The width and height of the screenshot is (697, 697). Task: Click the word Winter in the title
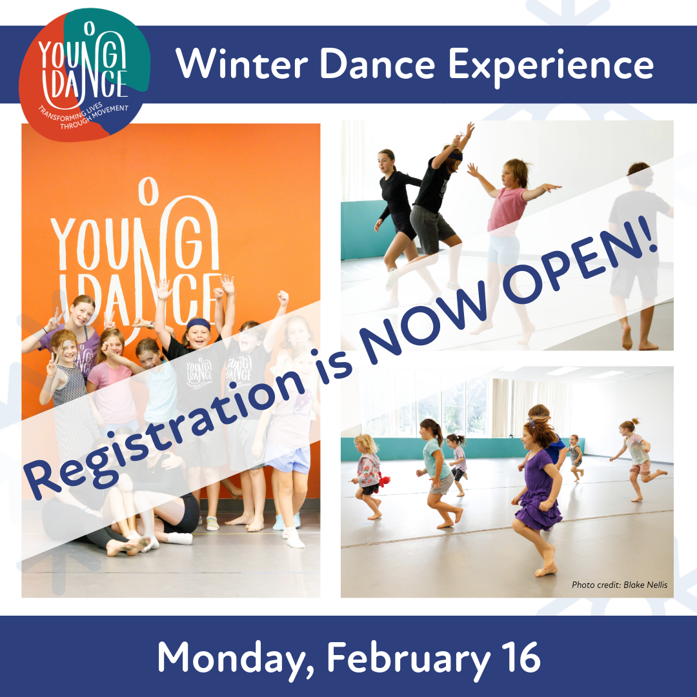coord(241,63)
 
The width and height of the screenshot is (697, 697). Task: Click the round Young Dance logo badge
coord(84,75)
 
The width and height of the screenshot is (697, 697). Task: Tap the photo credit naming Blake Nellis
coord(619,585)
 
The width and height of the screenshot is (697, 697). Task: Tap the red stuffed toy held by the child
coord(384,480)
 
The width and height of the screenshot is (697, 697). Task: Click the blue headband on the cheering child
coord(198,323)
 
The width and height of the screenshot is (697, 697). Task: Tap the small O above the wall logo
coord(148,191)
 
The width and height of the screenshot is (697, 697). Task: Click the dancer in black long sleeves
coord(398,222)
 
